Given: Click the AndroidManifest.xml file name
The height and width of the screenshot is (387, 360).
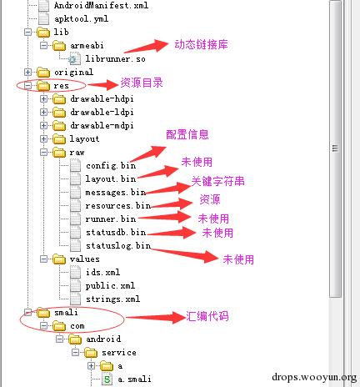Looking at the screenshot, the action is (101, 6).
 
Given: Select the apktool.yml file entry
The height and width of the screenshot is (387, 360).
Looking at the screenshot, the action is (81, 19).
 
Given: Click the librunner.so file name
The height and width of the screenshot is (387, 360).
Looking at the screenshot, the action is (115, 59).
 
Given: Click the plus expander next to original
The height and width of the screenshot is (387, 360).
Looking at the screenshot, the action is (27, 73).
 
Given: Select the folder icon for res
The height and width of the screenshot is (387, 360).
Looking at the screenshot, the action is (43, 86).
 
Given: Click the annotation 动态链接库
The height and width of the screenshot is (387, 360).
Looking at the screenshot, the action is (201, 44).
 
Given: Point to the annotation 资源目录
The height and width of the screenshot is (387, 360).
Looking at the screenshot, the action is (142, 83).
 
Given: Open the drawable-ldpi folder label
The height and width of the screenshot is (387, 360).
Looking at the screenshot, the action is (102, 113).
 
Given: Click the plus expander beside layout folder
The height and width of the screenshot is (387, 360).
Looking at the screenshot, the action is (43, 138).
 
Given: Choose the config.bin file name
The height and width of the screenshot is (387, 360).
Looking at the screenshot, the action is (111, 166).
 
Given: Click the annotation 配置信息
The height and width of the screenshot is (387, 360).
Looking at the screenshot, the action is (187, 134).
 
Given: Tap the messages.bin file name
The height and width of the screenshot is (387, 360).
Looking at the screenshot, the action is (116, 193).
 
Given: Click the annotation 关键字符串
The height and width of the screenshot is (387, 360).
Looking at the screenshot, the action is (217, 181).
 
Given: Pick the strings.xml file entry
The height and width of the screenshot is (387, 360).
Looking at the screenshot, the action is (112, 299).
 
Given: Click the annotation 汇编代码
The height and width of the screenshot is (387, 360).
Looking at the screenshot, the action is (207, 316).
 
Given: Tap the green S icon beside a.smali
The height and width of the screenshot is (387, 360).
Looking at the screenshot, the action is (107, 379).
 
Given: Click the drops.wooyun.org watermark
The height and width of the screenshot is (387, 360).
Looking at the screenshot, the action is (314, 377).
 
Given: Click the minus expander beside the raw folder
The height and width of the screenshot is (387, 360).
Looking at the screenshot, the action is (43, 152).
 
